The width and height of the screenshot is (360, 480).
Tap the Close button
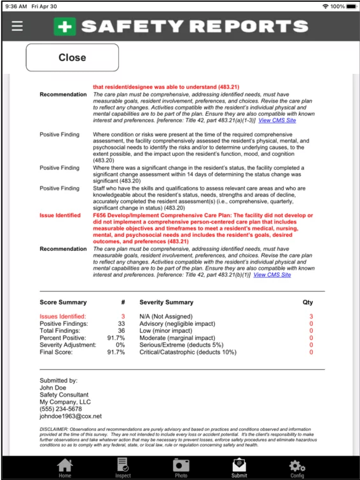pyautogui.click(x=72, y=57)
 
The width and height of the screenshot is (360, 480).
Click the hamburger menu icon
pyautogui.click(x=17, y=26)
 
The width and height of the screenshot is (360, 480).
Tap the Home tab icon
pyautogui.click(x=65, y=468)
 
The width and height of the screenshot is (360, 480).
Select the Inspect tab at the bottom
pyautogui.click(x=123, y=468)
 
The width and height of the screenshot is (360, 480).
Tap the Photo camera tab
pyautogui.click(x=181, y=468)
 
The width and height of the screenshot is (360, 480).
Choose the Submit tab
pyautogui.click(x=239, y=468)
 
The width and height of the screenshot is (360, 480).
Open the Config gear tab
pyautogui.click(x=297, y=468)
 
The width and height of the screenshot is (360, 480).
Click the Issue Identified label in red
pyautogui.click(x=60, y=215)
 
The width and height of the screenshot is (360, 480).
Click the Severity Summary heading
pyautogui.click(x=167, y=302)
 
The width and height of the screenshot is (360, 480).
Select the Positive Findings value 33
pyautogui.click(x=121, y=323)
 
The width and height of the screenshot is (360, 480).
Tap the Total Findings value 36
pyautogui.click(x=121, y=330)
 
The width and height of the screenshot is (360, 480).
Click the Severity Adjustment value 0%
pyautogui.click(x=120, y=344)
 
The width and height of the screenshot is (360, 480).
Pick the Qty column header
pyautogui.click(x=308, y=302)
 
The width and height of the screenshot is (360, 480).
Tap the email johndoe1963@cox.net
pyautogui.click(x=71, y=416)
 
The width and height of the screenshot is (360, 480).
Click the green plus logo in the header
pyautogui.click(x=64, y=26)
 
